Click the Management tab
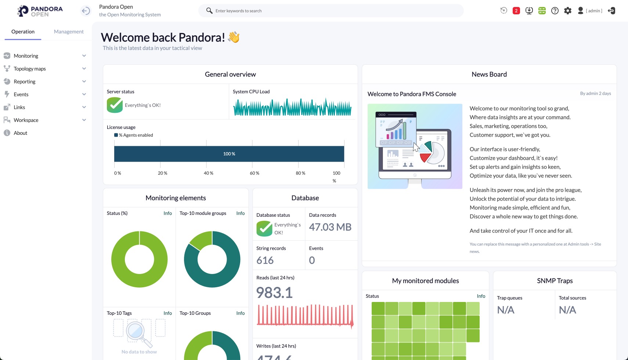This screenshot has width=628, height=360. click(69, 32)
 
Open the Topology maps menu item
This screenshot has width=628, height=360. click(30, 69)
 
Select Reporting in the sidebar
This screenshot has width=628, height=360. click(25, 82)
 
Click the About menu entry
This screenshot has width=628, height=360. click(21, 133)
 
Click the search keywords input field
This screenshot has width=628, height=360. click(331, 11)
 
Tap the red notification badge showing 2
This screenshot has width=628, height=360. click(516, 11)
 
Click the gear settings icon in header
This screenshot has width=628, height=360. click(568, 11)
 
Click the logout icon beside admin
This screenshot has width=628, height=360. click(611, 11)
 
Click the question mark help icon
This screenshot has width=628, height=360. click(555, 11)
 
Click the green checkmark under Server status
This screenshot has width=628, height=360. click(115, 105)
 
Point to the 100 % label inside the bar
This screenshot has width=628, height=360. click(229, 154)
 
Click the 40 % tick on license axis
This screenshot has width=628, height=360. click(208, 173)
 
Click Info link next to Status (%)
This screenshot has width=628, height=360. click(167, 213)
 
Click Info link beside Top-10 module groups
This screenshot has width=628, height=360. click(240, 213)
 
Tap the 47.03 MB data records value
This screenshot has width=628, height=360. click(330, 227)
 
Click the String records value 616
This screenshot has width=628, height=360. click(265, 260)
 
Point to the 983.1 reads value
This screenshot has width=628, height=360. click(274, 293)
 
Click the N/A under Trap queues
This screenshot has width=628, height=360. click(505, 310)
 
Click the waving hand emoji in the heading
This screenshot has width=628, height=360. click(234, 37)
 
